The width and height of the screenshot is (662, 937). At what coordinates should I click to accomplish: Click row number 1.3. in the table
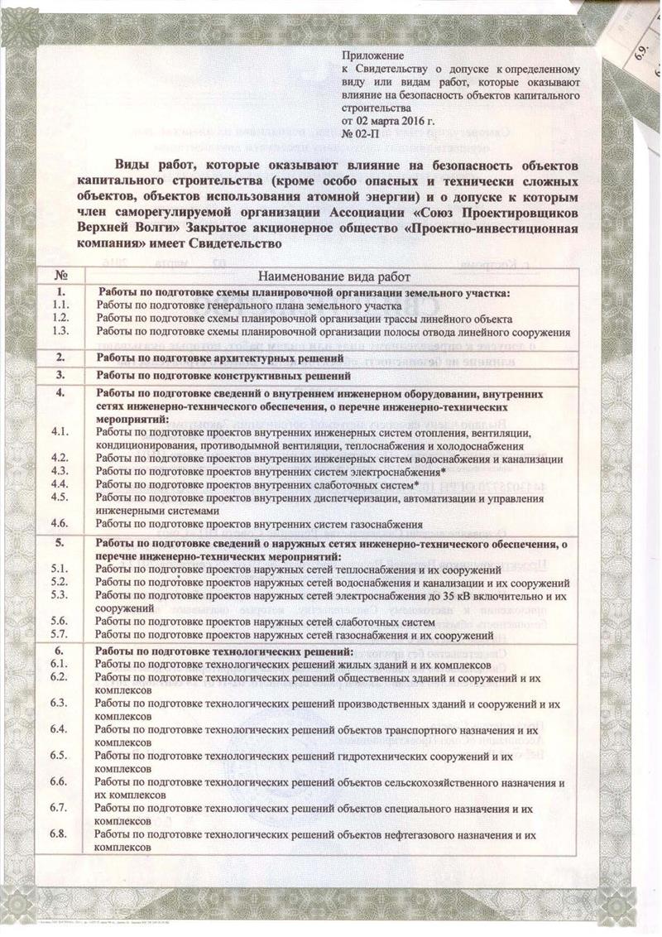pyautogui.click(x=59, y=331)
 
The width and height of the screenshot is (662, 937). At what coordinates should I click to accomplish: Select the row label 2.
pyautogui.click(x=59, y=358)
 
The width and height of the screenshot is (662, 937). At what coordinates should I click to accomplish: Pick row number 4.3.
pyautogui.click(x=59, y=471)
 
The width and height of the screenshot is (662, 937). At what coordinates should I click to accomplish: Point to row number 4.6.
pyautogui.click(x=59, y=524)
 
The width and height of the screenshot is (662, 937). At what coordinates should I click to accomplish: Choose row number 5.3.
pyautogui.click(x=59, y=595)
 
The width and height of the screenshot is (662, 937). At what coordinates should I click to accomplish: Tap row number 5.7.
pyautogui.click(x=59, y=635)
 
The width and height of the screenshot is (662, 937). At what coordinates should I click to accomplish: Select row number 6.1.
pyautogui.click(x=59, y=665)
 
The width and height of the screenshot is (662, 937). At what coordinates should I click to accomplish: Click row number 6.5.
pyautogui.click(x=59, y=756)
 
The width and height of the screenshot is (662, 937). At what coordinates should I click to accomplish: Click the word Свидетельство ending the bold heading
pyautogui.click(x=235, y=244)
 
